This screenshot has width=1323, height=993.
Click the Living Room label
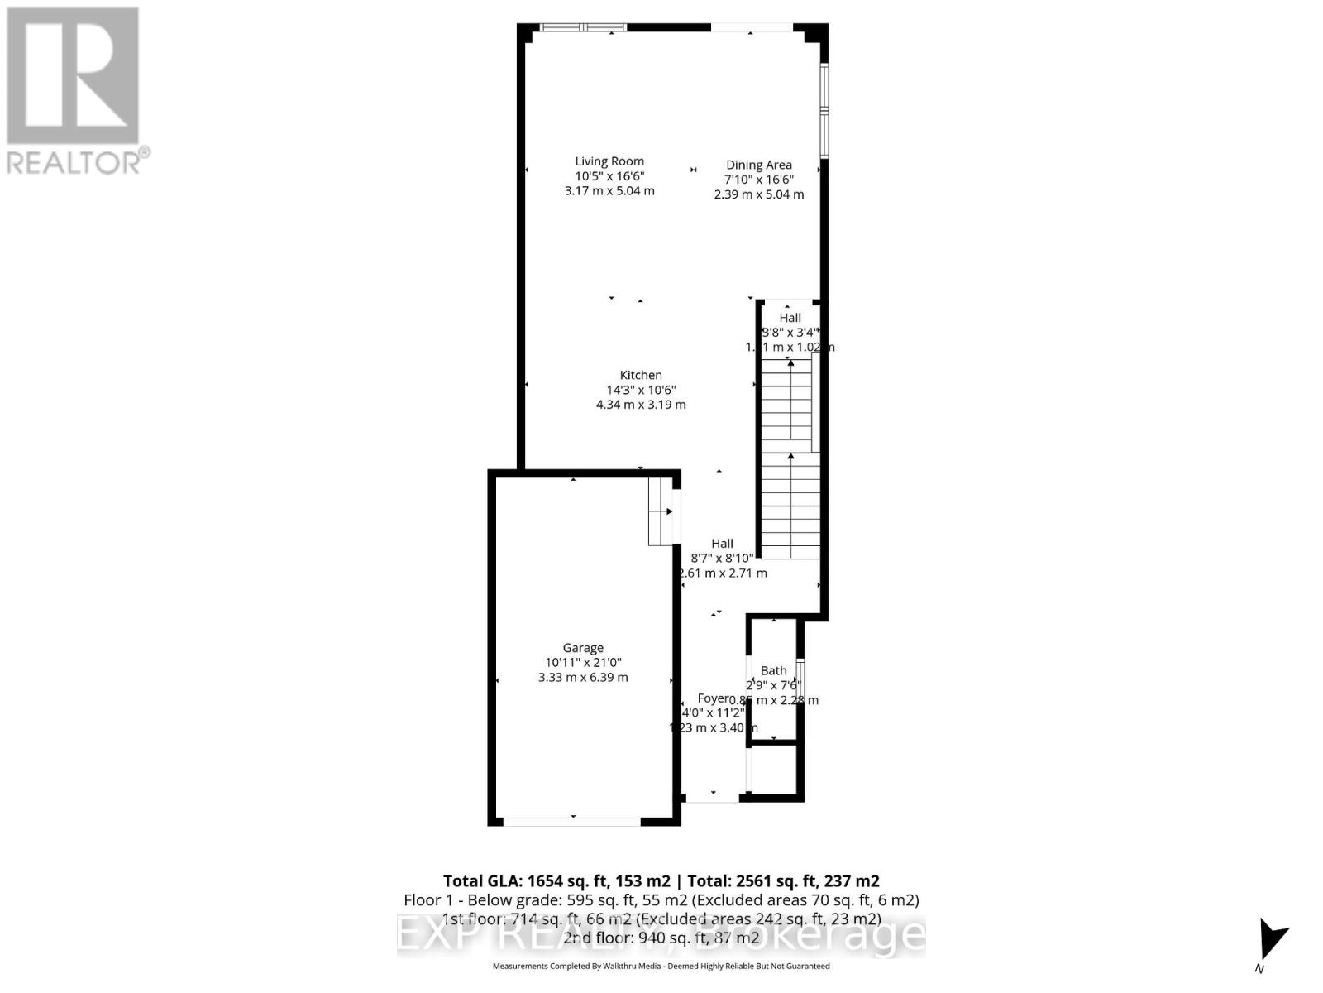pos(609,161)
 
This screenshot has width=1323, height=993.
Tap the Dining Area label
pos(758,165)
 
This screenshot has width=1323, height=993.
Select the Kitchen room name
pos(641,375)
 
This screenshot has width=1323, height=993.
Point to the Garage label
pos(583,648)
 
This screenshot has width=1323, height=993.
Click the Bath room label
pos(774,670)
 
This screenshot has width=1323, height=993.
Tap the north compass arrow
pos(1271,940)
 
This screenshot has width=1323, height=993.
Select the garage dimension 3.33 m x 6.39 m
pos(583,677)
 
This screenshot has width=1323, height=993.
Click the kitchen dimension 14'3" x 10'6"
pos(641,390)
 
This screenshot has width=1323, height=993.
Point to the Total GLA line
pos(661,880)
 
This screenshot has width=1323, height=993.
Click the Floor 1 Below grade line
pos(661,899)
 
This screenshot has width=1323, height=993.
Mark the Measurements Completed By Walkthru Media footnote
pos(661,966)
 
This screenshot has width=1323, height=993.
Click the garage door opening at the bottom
pos(571,822)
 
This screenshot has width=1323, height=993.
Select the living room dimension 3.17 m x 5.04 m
pos(609,191)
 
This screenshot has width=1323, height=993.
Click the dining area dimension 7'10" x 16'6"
pos(758,180)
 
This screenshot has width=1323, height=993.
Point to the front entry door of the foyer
pos(712,799)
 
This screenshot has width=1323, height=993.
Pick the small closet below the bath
pos(774,770)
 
